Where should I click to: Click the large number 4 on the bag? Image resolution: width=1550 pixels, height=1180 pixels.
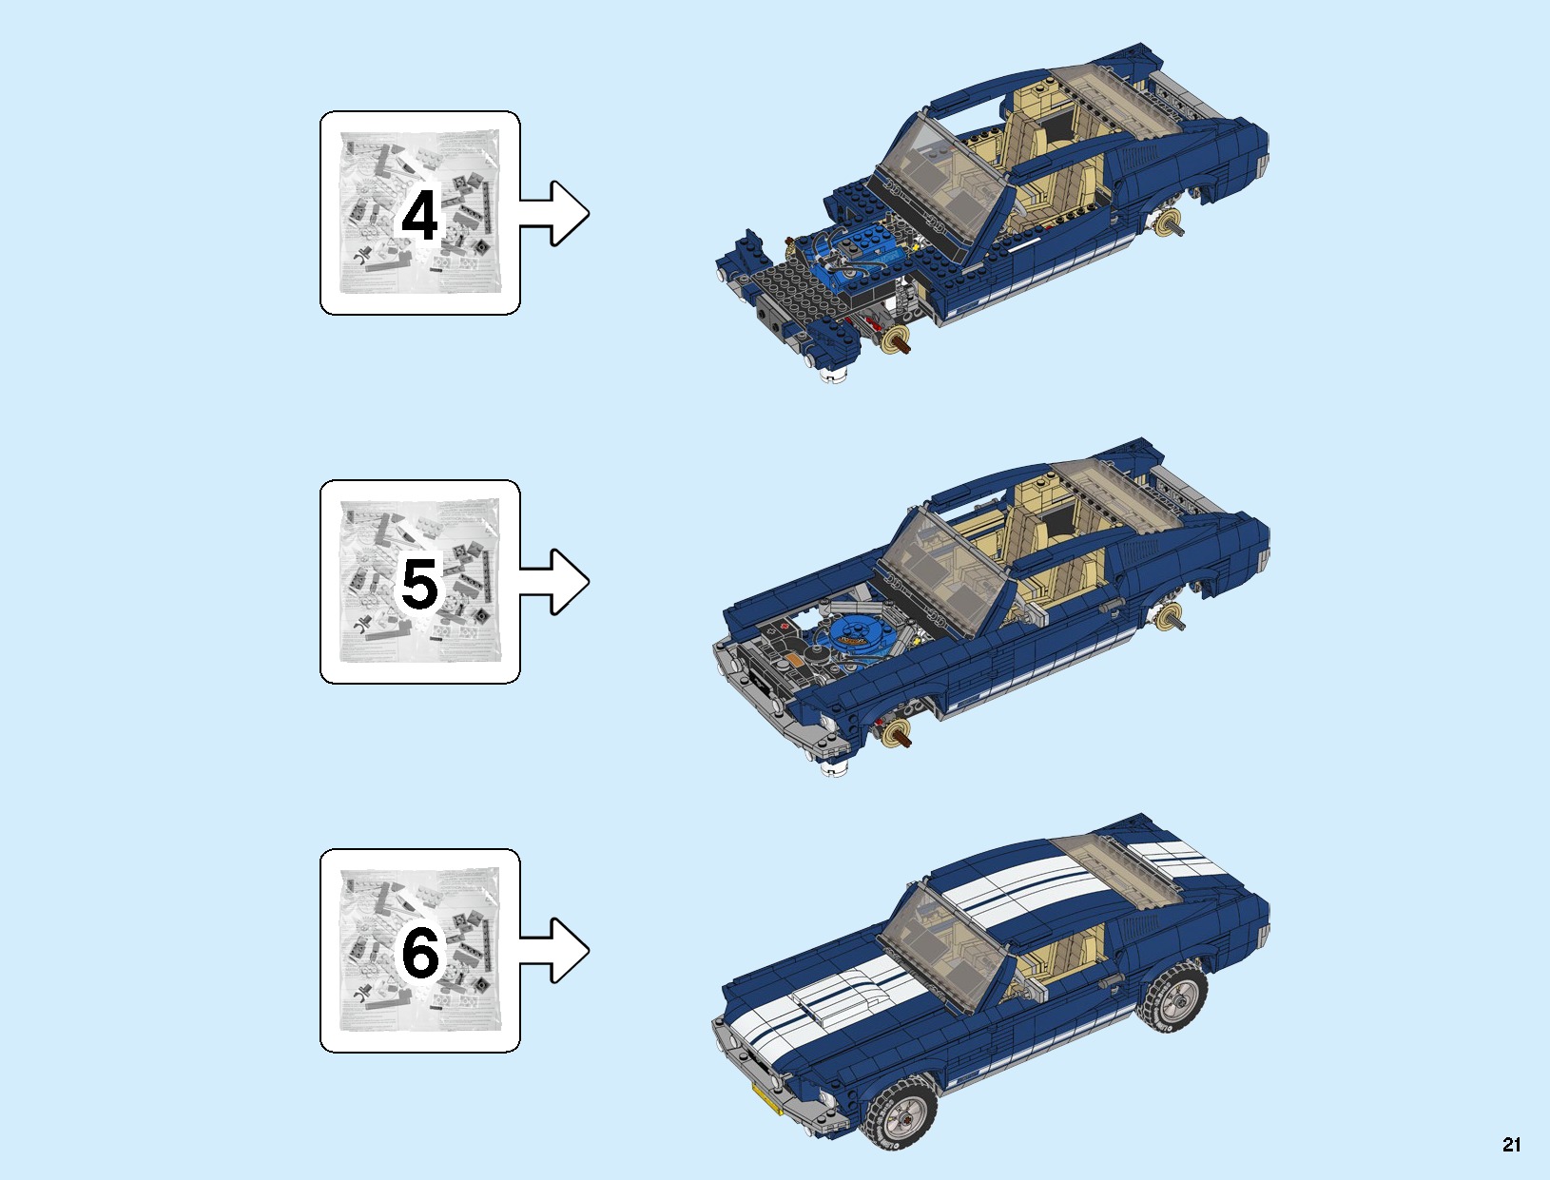click(x=419, y=216)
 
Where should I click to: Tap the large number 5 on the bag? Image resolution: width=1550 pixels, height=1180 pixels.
click(x=419, y=584)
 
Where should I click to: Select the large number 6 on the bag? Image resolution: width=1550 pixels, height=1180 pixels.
click(x=419, y=953)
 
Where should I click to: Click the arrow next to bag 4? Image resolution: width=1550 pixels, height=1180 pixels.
click(x=555, y=214)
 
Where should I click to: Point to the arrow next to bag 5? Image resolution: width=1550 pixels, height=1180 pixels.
click(x=555, y=582)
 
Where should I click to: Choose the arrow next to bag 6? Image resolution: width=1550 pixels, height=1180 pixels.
click(x=555, y=950)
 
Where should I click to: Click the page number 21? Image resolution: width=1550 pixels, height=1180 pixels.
click(x=1511, y=1145)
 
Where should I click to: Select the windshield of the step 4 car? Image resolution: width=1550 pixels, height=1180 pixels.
click(x=941, y=176)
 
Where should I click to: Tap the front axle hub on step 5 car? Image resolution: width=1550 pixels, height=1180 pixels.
click(x=895, y=733)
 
